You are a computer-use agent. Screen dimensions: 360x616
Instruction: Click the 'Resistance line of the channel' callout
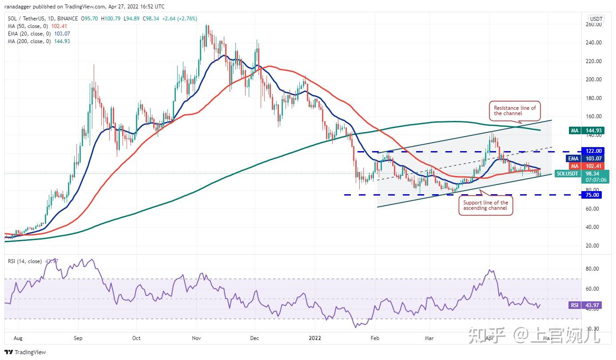(x=514, y=111)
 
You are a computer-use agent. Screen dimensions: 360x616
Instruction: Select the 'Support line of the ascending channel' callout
(x=485, y=206)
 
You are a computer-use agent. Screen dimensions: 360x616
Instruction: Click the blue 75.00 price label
(x=593, y=195)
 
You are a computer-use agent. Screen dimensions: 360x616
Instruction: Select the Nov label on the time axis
(x=196, y=338)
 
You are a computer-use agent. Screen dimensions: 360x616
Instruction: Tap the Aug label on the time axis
(x=18, y=338)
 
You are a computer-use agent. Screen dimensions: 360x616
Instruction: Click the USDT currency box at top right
(x=596, y=19)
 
